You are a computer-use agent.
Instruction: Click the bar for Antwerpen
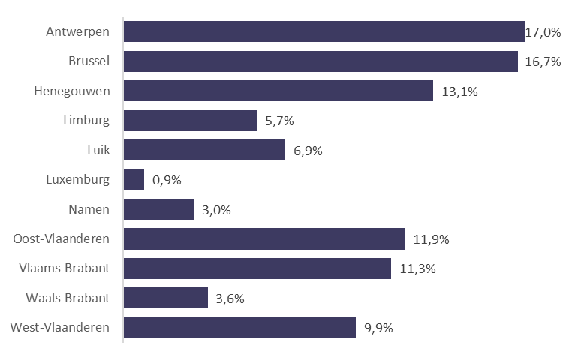click(x=324, y=31)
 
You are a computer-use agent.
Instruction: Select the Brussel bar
click(x=321, y=61)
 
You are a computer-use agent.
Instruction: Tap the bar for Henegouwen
click(x=278, y=91)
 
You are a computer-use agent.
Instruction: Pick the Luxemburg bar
click(x=134, y=180)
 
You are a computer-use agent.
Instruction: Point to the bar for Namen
click(x=158, y=209)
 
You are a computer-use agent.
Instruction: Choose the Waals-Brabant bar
click(x=165, y=298)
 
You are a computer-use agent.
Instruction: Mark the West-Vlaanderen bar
click(x=239, y=328)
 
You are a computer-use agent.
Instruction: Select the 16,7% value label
click(x=543, y=61)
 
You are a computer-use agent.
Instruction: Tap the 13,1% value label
click(x=459, y=91)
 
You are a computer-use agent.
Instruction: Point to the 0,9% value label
click(x=167, y=180)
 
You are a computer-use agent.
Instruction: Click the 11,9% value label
click(x=432, y=239)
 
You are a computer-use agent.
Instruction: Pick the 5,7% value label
click(x=279, y=121)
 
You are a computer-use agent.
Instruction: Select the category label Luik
click(x=98, y=150)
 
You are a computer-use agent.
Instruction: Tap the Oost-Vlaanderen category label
click(x=62, y=239)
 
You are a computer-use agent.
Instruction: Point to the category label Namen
click(x=90, y=209)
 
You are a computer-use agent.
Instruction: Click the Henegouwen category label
click(x=72, y=91)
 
